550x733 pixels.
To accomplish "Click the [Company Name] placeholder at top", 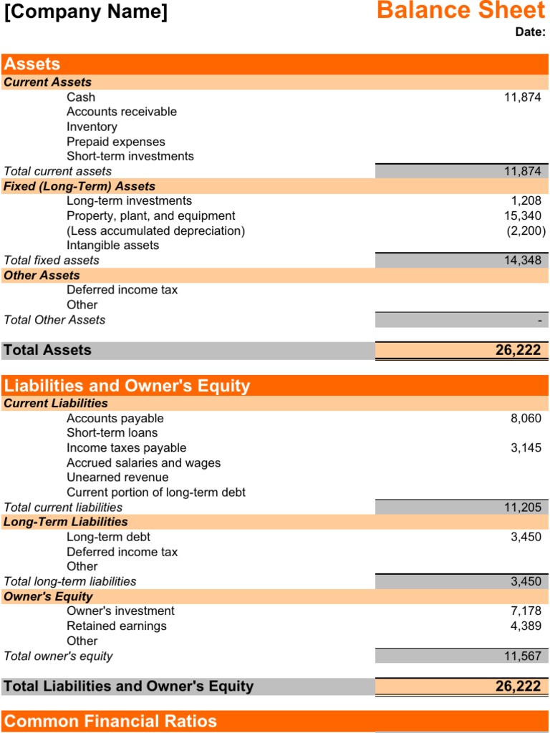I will tap(86, 12).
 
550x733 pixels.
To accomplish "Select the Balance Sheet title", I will tap(460, 11).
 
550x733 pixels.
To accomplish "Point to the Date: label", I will tap(530, 31).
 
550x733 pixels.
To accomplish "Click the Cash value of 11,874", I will tap(522, 97).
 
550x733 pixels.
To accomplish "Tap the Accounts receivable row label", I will tap(122, 112).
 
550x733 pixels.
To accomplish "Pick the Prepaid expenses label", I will tap(116, 142).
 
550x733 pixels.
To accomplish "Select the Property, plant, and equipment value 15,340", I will tap(523, 215).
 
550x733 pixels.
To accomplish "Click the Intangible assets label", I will tap(113, 246).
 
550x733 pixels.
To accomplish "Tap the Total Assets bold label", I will tap(47, 350).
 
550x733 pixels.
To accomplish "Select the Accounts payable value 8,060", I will tap(526, 418).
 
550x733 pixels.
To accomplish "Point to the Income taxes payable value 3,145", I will tap(526, 448).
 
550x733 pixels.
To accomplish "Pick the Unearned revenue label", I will tap(118, 477).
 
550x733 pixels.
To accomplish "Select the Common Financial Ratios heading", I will tap(110, 721).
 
